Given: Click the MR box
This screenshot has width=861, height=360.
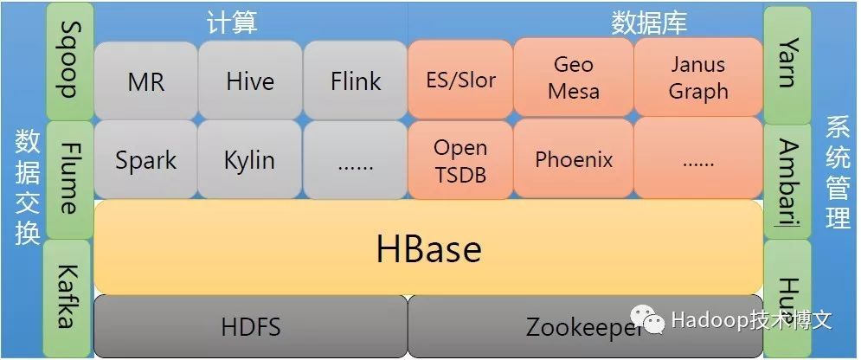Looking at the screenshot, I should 145,81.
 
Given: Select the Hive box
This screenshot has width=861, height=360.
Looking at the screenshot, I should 250,81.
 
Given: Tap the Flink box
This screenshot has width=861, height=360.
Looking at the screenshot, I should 355,81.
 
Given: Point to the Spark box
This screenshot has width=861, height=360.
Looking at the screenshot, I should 145,160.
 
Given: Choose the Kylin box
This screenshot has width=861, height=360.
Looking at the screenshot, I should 250,160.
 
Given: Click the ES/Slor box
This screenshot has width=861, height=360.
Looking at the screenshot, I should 460,80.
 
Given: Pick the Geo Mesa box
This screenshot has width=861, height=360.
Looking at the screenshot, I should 573,78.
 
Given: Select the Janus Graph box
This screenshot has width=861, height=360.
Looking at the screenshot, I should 698,78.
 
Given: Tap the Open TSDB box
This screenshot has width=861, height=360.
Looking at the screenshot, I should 460,160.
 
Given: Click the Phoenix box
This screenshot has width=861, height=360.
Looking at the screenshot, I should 573,160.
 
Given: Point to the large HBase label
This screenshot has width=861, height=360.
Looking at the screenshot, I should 428,249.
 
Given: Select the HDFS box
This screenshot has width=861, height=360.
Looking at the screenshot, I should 250,327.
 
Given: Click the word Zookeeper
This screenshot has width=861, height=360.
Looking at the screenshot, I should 585,327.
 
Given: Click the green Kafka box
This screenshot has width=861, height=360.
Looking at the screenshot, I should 69,297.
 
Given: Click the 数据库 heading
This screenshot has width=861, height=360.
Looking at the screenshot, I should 648,22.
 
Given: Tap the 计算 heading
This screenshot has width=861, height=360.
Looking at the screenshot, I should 231,22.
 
